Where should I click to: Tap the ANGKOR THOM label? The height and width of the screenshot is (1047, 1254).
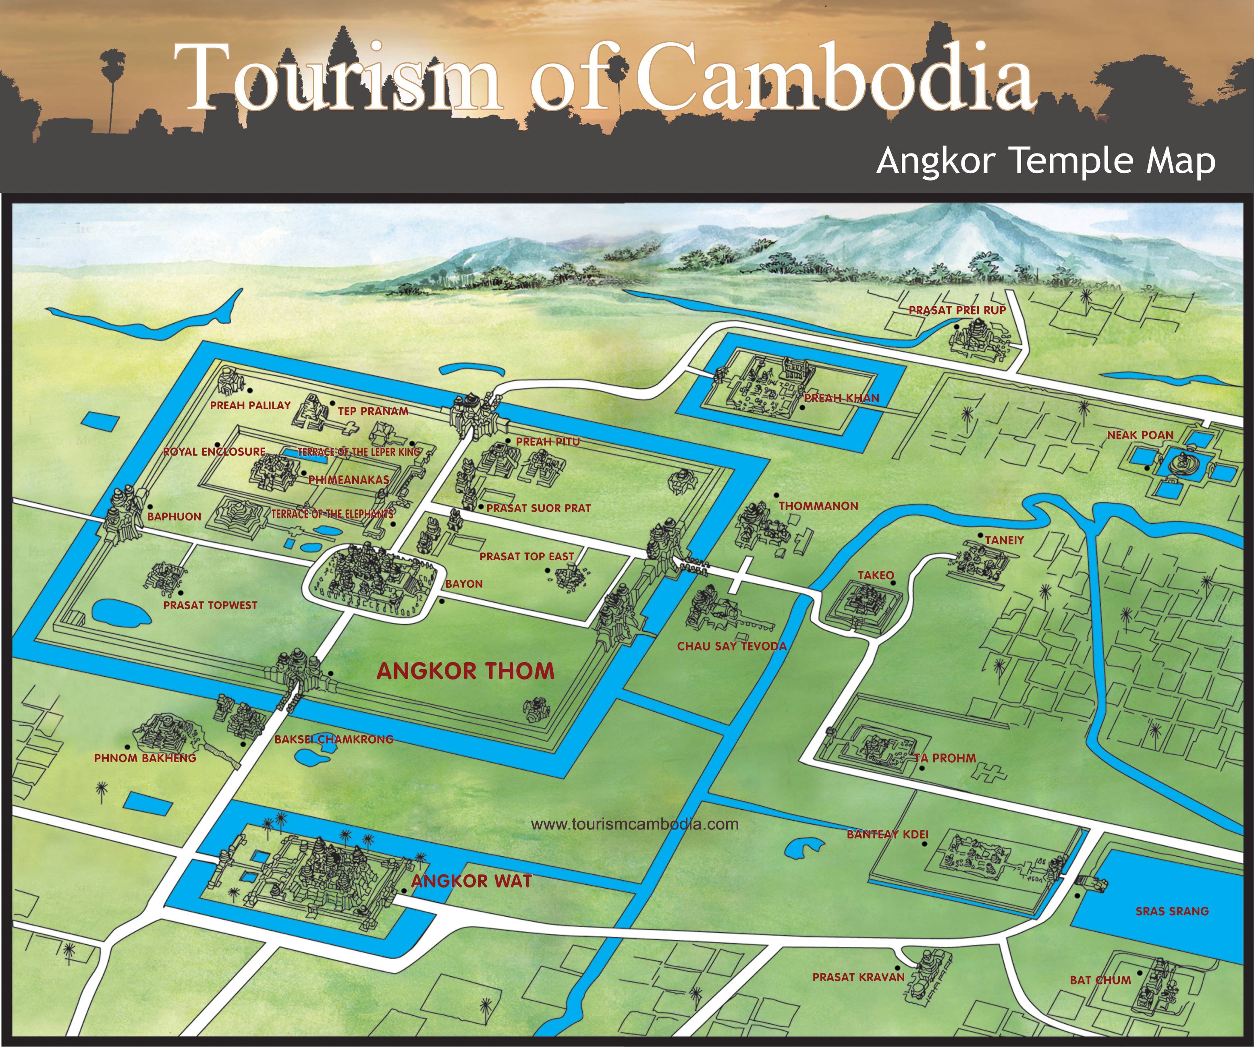coord(465,671)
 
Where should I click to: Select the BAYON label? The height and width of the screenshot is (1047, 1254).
coord(464,584)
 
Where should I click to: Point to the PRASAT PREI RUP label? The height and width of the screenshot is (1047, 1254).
coord(957,311)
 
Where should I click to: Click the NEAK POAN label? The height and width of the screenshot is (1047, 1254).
coord(1140,435)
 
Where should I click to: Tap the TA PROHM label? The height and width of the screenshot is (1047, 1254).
coord(945,758)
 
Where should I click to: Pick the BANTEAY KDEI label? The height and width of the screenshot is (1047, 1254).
coord(887,834)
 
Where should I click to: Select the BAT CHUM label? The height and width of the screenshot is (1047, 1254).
coord(1100,980)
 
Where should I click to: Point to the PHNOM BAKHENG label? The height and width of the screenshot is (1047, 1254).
coord(145,758)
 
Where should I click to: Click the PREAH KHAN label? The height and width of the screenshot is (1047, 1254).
coord(841,398)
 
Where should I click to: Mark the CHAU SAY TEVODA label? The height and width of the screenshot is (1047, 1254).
coord(731,646)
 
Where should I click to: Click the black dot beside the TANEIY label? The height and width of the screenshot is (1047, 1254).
coord(980,535)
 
